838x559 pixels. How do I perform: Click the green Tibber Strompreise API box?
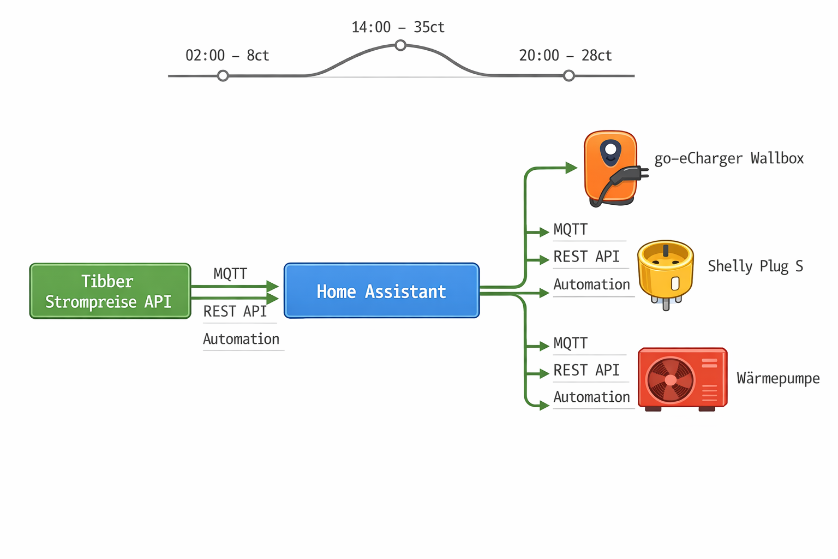pos(110,291)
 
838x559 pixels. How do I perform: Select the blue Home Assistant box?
pos(381,291)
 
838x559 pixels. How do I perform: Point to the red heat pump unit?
pos(683,378)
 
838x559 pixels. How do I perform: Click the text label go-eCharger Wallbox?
pos(729,159)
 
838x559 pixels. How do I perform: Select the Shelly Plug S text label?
pos(755,266)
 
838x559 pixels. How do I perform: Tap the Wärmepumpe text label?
pos(778,378)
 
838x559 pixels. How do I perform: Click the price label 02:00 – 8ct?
pos(227,56)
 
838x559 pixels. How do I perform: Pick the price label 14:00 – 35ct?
pos(398,27)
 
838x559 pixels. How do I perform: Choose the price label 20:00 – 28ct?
pos(565,56)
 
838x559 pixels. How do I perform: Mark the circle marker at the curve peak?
pos(400,45)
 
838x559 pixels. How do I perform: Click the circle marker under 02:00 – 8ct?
pos(223,76)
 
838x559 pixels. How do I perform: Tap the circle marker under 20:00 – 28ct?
pos(568,76)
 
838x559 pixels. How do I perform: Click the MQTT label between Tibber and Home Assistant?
pos(230,273)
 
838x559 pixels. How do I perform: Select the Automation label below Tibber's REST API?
pos(241,339)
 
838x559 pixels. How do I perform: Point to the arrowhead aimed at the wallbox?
pos(571,168)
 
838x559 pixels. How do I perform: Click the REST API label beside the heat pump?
pos(586,370)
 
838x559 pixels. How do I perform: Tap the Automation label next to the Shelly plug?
pos(591,284)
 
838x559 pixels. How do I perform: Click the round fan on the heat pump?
pos(671,379)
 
